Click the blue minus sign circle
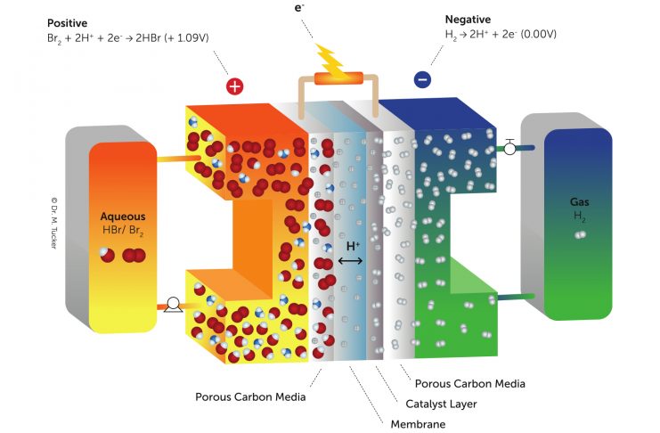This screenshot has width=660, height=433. point(422,80)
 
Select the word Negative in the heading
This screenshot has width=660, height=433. point(469,20)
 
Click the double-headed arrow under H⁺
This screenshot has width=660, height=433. point(351,260)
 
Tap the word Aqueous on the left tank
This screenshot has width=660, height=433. point(122,216)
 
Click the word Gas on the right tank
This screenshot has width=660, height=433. point(580,202)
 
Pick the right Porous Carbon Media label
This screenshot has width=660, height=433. point(470,384)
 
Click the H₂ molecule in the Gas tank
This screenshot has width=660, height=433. point(580,235)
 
